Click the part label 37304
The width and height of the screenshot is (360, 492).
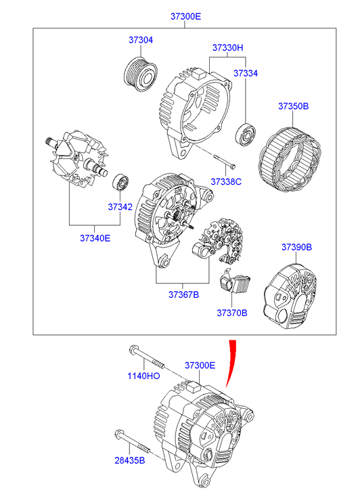(141, 40)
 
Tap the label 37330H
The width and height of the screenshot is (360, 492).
(227, 47)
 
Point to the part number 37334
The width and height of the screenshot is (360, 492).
(246, 73)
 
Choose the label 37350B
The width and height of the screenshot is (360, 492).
(294, 106)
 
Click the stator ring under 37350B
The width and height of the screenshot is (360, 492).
(290, 160)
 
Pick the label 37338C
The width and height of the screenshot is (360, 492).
(226, 181)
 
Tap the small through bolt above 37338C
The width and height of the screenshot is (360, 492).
(224, 161)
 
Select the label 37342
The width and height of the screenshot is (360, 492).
(120, 207)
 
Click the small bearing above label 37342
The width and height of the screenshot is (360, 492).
(121, 181)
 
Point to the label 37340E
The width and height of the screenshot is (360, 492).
(95, 238)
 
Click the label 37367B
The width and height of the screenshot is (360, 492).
(183, 294)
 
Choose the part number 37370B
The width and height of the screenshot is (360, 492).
(232, 313)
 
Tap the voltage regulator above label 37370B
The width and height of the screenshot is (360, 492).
(235, 282)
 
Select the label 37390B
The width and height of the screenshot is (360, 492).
(296, 247)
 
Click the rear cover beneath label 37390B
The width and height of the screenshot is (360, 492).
(290, 296)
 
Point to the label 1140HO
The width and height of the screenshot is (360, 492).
(143, 376)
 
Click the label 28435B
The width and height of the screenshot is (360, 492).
(130, 460)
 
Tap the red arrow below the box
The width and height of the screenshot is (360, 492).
(231, 364)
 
